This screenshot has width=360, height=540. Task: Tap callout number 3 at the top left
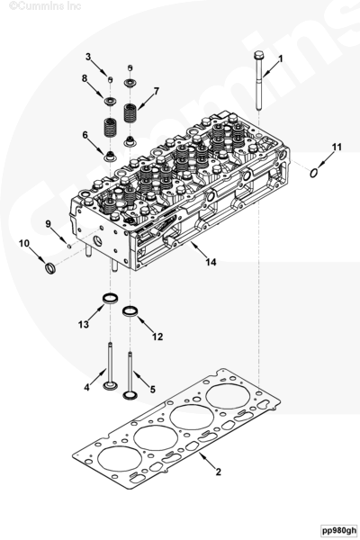click(x=88, y=58)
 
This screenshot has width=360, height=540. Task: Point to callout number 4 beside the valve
click(x=87, y=387)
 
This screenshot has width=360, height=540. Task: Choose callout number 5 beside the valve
click(x=152, y=389)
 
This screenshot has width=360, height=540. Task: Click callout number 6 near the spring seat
click(x=85, y=135)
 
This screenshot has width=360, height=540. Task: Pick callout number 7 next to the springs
click(x=156, y=91)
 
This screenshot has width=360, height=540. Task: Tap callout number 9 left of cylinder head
click(x=48, y=223)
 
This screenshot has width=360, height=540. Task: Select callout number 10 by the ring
click(x=24, y=244)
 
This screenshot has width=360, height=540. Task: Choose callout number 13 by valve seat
click(x=84, y=323)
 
